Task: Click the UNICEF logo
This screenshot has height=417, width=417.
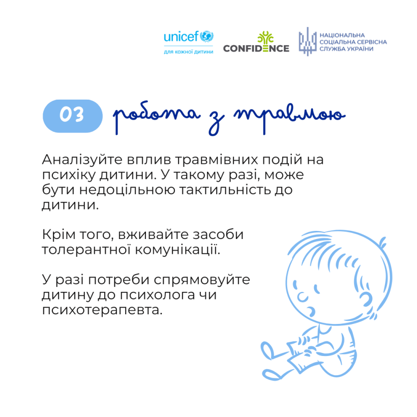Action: [x=189, y=43]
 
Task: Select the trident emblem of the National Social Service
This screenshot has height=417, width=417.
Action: [x=308, y=42]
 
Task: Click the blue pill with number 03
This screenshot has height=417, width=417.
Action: [x=73, y=116]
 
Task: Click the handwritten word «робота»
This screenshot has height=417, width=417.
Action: [x=156, y=117]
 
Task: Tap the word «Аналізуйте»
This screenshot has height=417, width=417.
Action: [x=82, y=160]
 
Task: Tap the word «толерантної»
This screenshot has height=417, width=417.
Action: [x=86, y=250]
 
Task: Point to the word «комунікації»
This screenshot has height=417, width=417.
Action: [x=177, y=250]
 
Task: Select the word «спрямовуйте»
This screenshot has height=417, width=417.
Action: [x=202, y=280]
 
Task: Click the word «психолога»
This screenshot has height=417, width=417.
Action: [x=157, y=295]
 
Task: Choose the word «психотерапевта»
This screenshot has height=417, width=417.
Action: [x=102, y=310]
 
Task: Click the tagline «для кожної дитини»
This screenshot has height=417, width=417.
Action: [x=189, y=52]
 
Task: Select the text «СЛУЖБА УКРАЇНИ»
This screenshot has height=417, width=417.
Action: [x=346, y=49]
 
